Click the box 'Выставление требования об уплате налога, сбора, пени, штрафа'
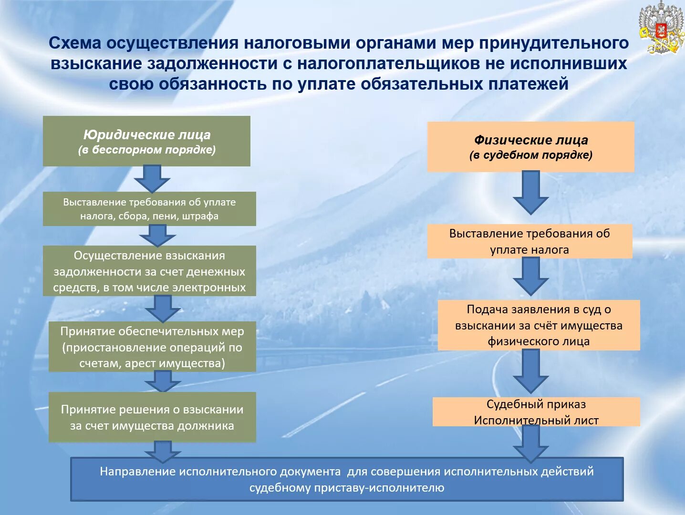coord(149,209)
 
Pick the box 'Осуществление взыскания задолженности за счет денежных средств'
coord(149,271)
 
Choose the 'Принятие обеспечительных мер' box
coord(152,347)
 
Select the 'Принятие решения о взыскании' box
coord(152,417)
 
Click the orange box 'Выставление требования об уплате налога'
coord(529,241)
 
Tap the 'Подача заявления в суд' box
coord(539,325)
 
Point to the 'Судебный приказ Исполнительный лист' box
coord(536,412)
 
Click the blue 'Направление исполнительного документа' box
coord(347,479)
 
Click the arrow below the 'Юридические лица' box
coord(152,179)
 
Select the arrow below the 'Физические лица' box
coord(530,192)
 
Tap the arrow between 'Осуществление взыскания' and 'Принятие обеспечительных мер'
coord(163,308)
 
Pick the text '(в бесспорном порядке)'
coord(147,150)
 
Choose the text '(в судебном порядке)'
coord(531,155)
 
